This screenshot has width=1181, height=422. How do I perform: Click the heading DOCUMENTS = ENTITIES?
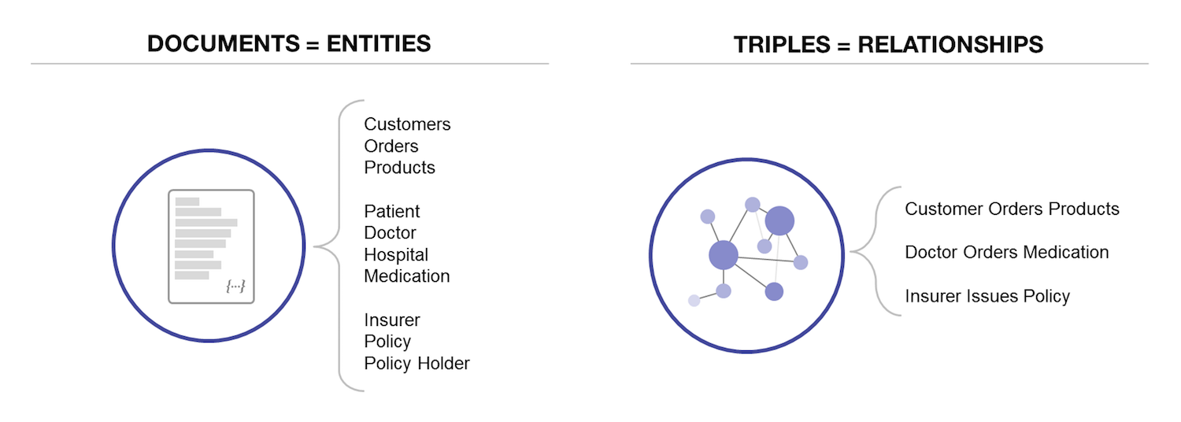tap(289, 43)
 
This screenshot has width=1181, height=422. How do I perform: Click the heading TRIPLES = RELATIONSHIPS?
tap(888, 44)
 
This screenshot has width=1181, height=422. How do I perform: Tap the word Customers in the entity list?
tap(407, 124)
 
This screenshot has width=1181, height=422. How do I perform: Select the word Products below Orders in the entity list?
tap(399, 167)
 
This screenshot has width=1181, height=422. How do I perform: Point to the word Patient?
tap(392, 211)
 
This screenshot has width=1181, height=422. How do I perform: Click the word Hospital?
tap(396, 255)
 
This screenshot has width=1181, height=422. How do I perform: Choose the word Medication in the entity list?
tap(406, 276)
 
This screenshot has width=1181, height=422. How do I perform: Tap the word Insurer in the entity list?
tap(392, 320)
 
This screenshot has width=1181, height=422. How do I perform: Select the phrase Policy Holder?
tap(416, 364)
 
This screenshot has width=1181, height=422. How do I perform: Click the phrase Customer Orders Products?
tap(1012, 209)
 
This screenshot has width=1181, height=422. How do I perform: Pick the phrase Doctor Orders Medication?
tap(1006, 252)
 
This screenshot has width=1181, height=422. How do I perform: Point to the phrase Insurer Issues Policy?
tap(987, 296)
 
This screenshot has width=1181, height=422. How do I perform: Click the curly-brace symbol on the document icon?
tap(235, 286)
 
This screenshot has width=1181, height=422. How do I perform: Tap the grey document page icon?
tap(211, 246)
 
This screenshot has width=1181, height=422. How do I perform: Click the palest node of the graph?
tap(694, 301)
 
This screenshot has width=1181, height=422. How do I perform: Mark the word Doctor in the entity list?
tap(390, 232)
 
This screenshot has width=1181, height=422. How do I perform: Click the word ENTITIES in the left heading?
tap(379, 43)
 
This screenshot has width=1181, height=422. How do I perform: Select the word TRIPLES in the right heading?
tap(782, 44)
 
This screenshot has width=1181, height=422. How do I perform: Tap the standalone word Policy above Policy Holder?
tap(387, 341)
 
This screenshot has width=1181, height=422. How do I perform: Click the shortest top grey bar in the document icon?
tap(187, 202)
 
